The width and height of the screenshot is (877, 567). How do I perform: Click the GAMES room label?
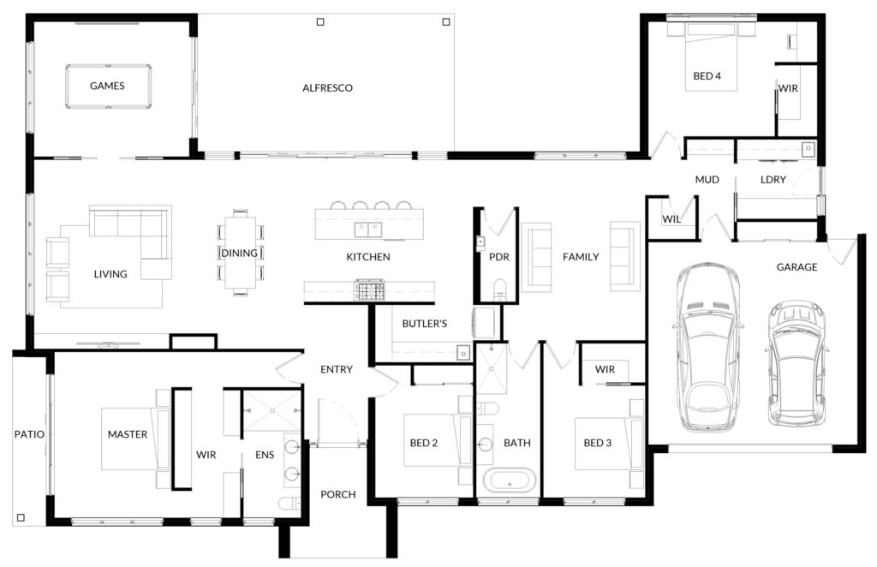[107, 86]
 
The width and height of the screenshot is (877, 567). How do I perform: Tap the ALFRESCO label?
[327, 87]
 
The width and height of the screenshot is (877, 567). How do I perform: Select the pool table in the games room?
[108, 87]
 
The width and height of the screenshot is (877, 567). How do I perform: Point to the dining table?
[240, 252]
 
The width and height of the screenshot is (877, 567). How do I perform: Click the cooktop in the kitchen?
[369, 290]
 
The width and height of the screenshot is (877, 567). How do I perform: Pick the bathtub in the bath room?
[509, 481]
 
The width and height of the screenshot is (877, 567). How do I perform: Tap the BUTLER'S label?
[425, 323]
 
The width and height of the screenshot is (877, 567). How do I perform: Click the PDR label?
[499, 257]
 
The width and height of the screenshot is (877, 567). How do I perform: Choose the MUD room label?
[707, 180]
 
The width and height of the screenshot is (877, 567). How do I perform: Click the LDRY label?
[773, 180]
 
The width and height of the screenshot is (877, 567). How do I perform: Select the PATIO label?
[29, 434]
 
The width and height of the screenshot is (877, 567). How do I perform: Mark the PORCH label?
[337, 494]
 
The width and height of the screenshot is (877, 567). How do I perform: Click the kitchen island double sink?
[368, 229]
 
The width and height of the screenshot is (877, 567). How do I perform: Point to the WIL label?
[671, 219]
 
